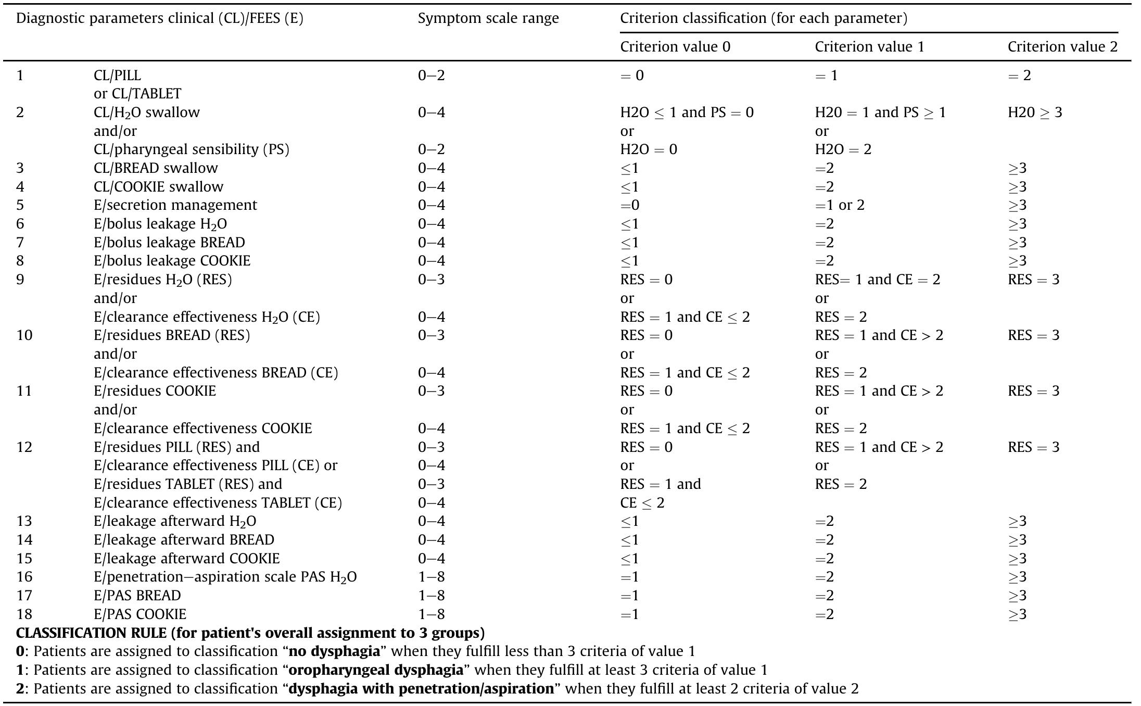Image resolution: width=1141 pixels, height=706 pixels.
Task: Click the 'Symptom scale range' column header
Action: pyautogui.click(x=488, y=19)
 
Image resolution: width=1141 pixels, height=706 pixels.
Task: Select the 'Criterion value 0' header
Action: pyautogui.click(x=675, y=47)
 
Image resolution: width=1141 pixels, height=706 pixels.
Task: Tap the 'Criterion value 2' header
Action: pyautogui.click(x=1062, y=47)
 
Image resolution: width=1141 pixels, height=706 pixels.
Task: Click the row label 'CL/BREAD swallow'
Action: pyautogui.click(x=156, y=168)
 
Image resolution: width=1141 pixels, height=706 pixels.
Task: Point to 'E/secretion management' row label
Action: pyautogui.click(x=175, y=205)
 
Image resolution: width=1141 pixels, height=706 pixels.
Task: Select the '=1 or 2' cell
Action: pyautogui.click(x=839, y=205)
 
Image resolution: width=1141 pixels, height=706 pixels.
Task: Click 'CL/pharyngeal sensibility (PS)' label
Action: pyautogui.click(x=191, y=149)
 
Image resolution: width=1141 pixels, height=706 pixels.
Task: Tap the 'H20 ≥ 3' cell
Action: pyautogui.click(x=1034, y=112)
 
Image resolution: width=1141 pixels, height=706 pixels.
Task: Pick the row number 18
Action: pyautogui.click(x=24, y=614)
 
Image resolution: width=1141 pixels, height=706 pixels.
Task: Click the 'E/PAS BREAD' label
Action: pyautogui.click(x=137, y=596)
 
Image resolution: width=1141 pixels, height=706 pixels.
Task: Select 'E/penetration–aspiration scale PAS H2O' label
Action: pyautogui.click(x=225, y=577)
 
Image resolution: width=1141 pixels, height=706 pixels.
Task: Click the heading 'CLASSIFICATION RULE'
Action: pyautogui.click(x=250, y=633)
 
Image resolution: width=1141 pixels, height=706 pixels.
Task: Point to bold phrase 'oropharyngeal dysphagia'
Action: pyautogui.click(x=375, y=670)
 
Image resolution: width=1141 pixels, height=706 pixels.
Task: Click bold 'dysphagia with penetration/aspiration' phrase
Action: pyautogui.click(x=421, y=689)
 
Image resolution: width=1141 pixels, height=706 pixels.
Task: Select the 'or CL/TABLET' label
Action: pyautogui.click(x=137, y=94)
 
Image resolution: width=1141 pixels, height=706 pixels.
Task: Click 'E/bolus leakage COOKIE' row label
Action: pyautogui.click(x=172, y=261)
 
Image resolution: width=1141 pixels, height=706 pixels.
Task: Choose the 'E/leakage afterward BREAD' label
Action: pyautogui.click(x=184, y=540)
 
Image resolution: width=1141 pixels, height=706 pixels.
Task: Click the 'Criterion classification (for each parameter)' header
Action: pyautogui.click(x=763, y=19)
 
